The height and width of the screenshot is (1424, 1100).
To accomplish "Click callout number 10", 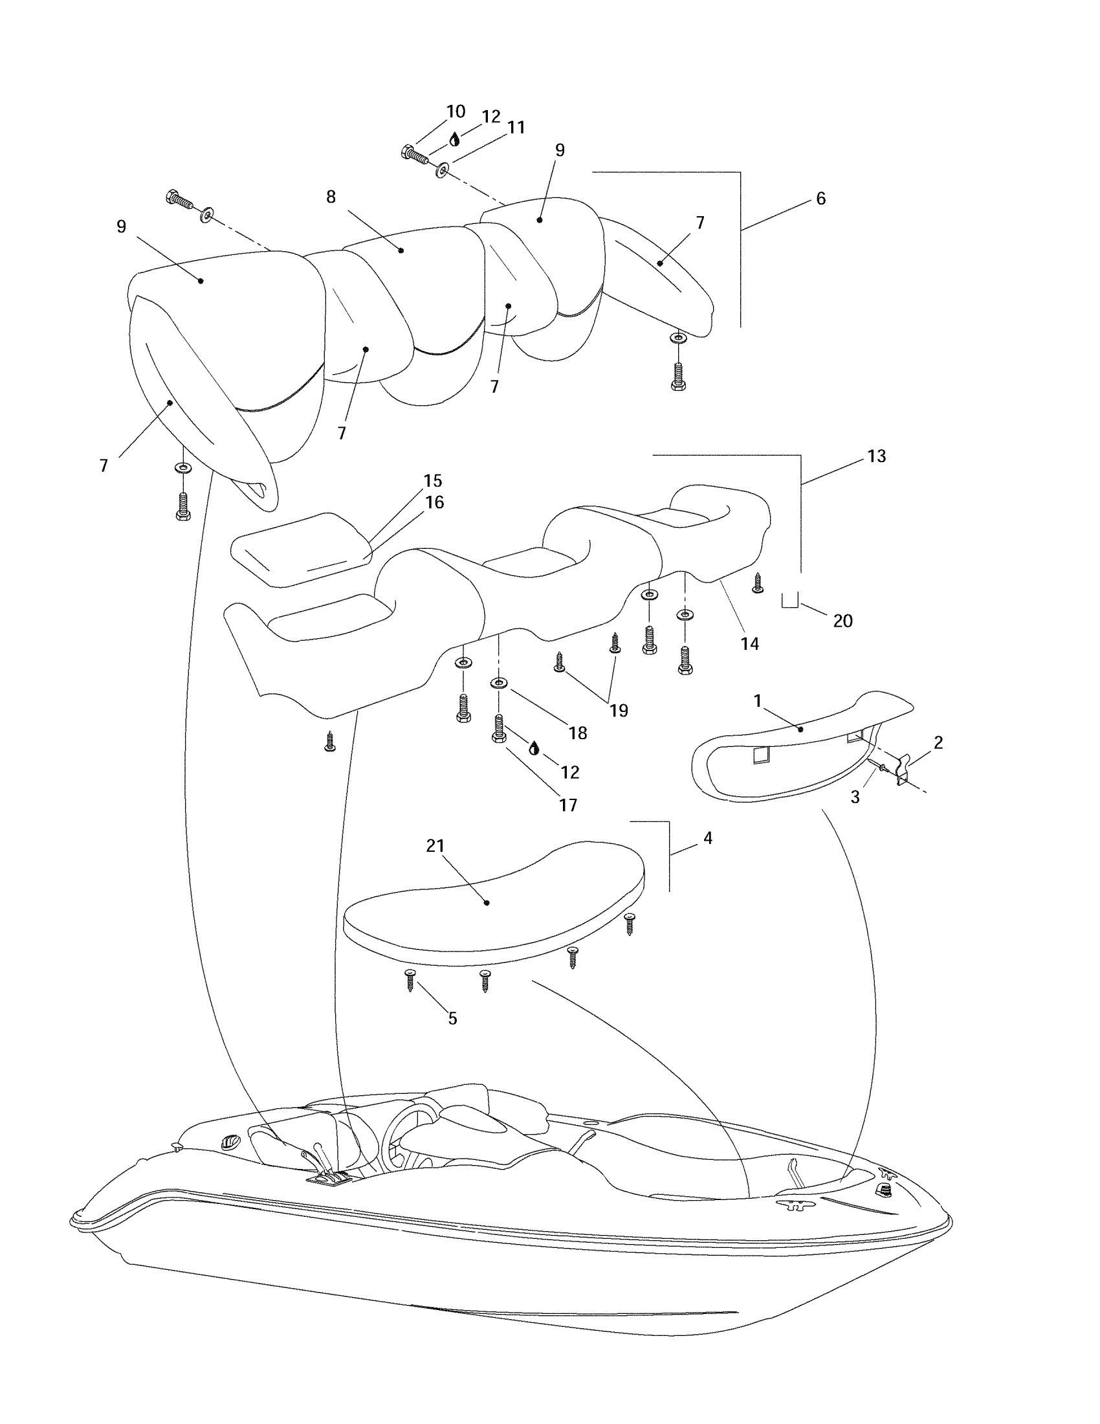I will coord(456,111).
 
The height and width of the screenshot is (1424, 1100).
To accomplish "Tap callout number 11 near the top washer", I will coord(516,127).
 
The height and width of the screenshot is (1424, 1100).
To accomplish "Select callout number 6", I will coord(820,198).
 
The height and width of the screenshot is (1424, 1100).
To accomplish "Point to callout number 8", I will coord(331,196).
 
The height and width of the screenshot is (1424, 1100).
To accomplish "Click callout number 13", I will coord(877,456).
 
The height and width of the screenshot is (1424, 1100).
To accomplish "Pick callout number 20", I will coord(842,621).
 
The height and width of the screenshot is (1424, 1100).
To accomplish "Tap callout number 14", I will coord(749,643).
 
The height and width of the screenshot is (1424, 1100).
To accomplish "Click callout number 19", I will coord(619,710).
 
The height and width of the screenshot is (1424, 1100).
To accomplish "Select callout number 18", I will coord(577,733).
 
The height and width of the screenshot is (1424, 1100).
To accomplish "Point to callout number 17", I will coord(567,805).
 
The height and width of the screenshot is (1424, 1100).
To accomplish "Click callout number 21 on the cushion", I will coord(435,846).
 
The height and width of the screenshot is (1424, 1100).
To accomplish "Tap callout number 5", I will coord(452,1018).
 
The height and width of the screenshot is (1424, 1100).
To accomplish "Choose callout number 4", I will coord(708,838).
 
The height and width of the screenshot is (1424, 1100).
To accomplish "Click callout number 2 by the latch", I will coord(938,742).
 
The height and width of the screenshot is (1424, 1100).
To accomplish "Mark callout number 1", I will coord(757,701).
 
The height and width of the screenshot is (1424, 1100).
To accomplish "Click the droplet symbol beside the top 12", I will coord(455,140).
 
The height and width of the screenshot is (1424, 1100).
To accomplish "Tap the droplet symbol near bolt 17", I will coord(534,748).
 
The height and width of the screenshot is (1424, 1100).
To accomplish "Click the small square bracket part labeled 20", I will coord(790,601).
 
